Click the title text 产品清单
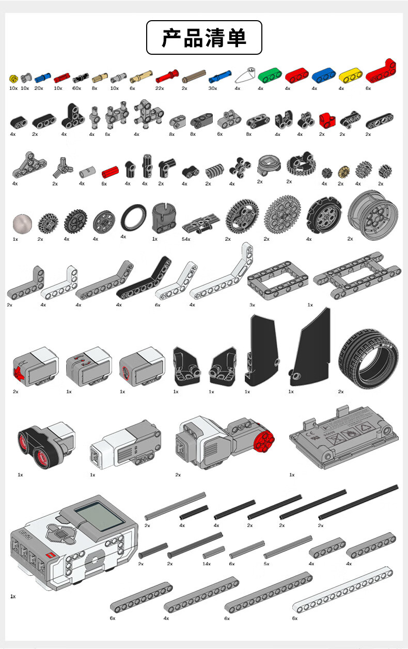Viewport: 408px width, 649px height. pos(204,38)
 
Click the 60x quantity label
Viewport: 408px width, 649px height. pos(76,88)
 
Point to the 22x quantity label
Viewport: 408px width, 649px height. pos(160,88)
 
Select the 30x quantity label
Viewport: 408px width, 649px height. pos(212,88)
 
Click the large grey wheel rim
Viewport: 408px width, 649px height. pos(373,215)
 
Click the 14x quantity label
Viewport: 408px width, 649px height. pos(207,564)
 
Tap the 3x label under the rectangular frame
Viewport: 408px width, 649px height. pos(252,305)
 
